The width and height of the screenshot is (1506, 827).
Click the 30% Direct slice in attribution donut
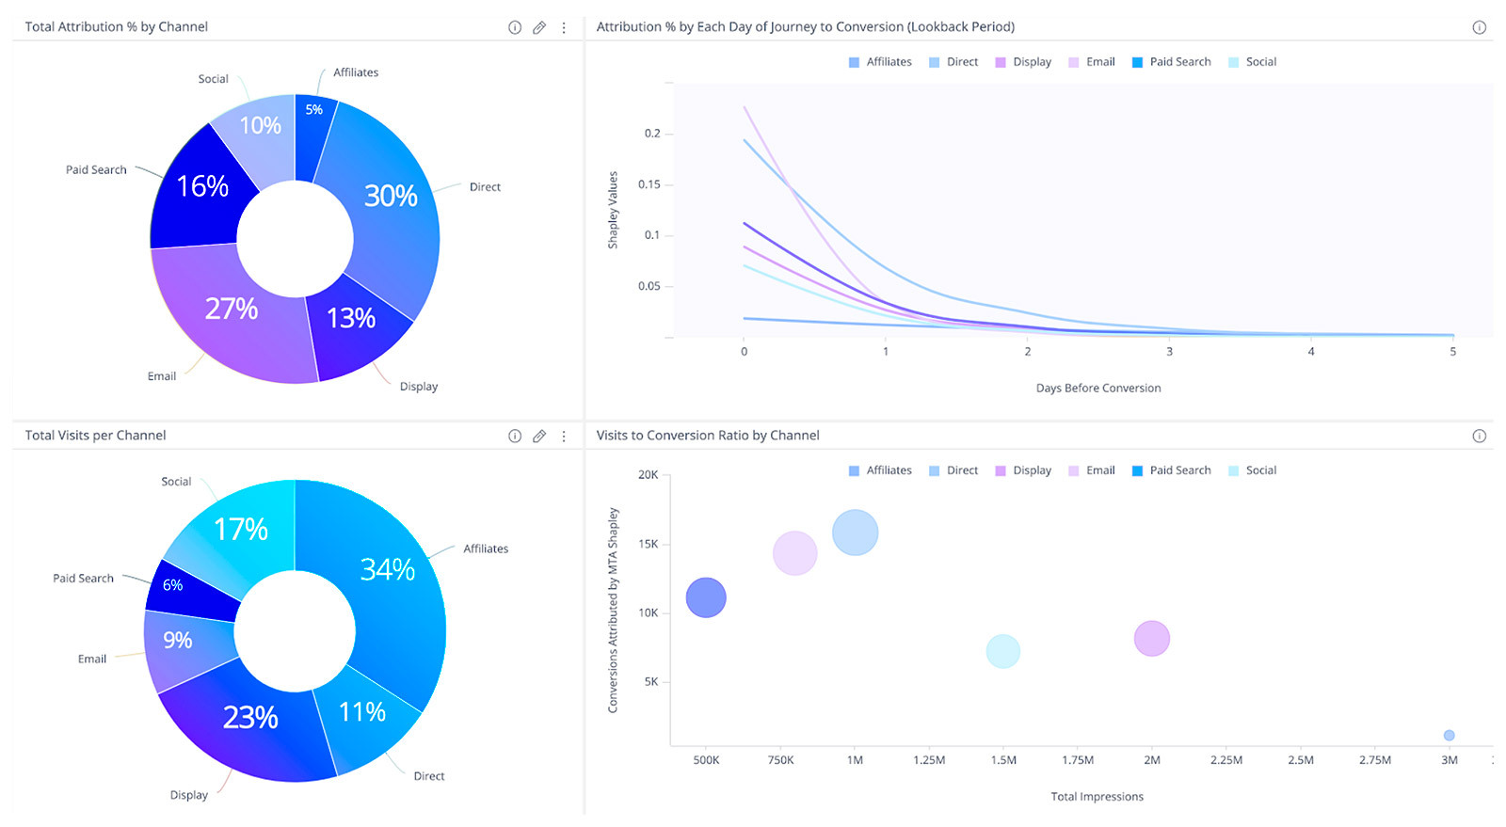pos(391,196)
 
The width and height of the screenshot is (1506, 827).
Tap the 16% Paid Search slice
pos(203,186)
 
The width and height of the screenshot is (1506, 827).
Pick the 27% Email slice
pos(232,309)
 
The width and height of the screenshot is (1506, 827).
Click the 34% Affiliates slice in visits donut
pos(388,569)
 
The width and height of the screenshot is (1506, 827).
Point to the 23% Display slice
pos(250,718)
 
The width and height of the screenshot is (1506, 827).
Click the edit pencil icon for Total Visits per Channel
pos(539,436)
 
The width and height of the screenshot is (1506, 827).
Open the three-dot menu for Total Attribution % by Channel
pos(564,27)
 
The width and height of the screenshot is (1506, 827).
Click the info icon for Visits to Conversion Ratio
pos(1479,436)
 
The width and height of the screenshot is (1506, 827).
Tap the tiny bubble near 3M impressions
pos(1449,735)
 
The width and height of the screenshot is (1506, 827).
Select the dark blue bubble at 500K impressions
pos(706,597)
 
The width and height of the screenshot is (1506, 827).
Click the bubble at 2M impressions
pos(1151,639)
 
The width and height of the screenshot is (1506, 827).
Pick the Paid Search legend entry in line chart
pos(1171,62)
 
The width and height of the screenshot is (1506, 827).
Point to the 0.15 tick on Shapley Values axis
pos(649,184)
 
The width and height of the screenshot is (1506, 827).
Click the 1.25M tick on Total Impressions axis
pos(929,760)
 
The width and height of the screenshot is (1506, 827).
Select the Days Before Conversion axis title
pos(1097,388)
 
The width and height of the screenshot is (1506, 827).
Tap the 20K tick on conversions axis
pos(649,475)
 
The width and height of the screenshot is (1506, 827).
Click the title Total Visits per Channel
pos(95,436)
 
